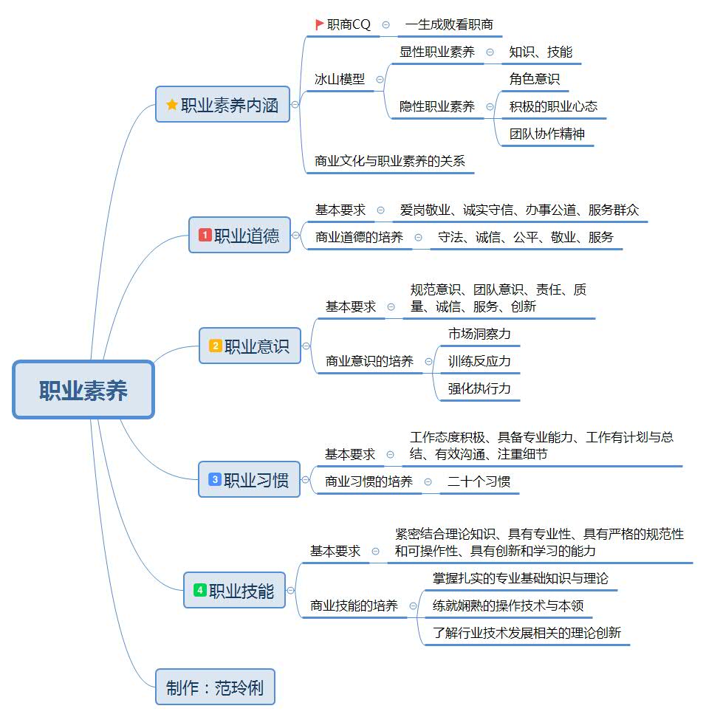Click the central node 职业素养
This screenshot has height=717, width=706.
click(x=83, y=390)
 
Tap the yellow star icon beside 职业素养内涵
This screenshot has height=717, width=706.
click(x=172, y=105)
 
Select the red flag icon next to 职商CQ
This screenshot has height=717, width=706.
click(x=319, y=24)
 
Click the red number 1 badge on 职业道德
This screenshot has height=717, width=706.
click(x=205, y=235)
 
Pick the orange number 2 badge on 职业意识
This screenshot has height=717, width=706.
click(x=216, y=346)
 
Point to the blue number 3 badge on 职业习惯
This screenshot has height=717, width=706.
click(x=215, y=479)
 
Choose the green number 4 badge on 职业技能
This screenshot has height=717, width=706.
click(x=200, y=590)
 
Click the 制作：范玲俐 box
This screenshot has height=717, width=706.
click(x=215, y=688)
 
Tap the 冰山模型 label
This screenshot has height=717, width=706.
click(x=340, y=79)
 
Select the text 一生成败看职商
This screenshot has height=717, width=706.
click(x=449, y=24)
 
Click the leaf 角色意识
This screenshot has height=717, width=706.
click(x=534, y=78)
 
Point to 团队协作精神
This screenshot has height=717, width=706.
click(x=547, y=134)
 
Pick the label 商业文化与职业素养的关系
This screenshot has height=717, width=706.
click(x=389, y=160)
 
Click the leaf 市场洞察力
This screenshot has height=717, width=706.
click(x=479, y=334)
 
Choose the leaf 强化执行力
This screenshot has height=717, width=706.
click(x=479, y=388)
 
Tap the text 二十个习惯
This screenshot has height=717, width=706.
click(x=479, y=481)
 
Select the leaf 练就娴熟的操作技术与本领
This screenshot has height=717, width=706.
click(x=508, y=606)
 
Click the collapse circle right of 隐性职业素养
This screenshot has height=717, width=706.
click(x=490, y=106)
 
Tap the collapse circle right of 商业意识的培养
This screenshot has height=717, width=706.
click(x=428, y=361)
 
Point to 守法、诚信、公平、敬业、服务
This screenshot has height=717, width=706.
click(x=525, y=237)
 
